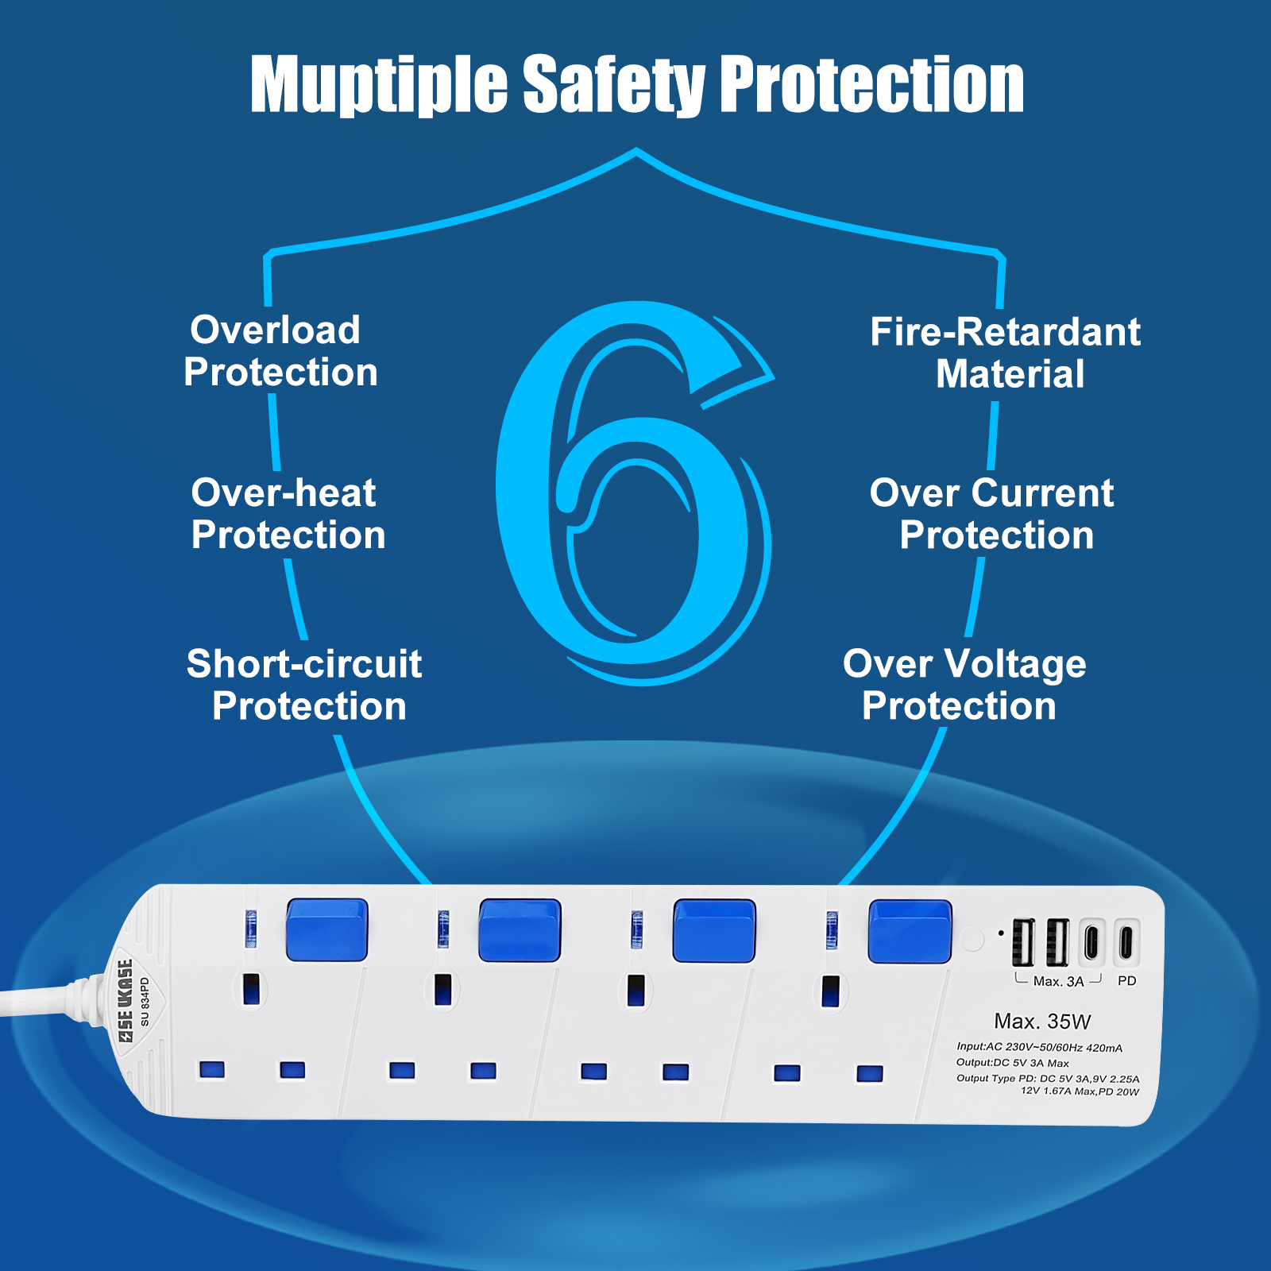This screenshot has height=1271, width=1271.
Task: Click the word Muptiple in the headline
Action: [379, 85]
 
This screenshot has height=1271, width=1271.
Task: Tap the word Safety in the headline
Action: [614, 85]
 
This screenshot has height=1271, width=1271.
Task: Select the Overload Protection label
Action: [280, 351]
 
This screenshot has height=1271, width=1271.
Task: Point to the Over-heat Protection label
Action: [288, 514]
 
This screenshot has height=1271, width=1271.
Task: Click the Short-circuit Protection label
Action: [304, 685]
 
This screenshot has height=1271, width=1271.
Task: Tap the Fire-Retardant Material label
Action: [1006, 353]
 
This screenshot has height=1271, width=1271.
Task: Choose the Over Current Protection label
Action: [993, 514]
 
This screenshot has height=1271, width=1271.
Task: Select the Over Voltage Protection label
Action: [964, 685]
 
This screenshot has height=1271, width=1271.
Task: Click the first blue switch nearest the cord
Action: [326, 929]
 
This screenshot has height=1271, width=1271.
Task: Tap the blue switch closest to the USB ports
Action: [910, 931]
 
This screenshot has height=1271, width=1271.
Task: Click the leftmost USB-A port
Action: [1023, 942]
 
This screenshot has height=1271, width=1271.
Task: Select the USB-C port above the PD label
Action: [1126, 942]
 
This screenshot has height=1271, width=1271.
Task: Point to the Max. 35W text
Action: [1042, 1022]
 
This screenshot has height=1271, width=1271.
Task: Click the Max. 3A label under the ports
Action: [1058, 982]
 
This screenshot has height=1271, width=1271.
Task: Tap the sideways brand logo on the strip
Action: [125, 1002]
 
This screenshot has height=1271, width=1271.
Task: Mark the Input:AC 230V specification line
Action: [1039, 1048]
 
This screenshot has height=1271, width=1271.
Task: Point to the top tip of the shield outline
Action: [636, 149]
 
